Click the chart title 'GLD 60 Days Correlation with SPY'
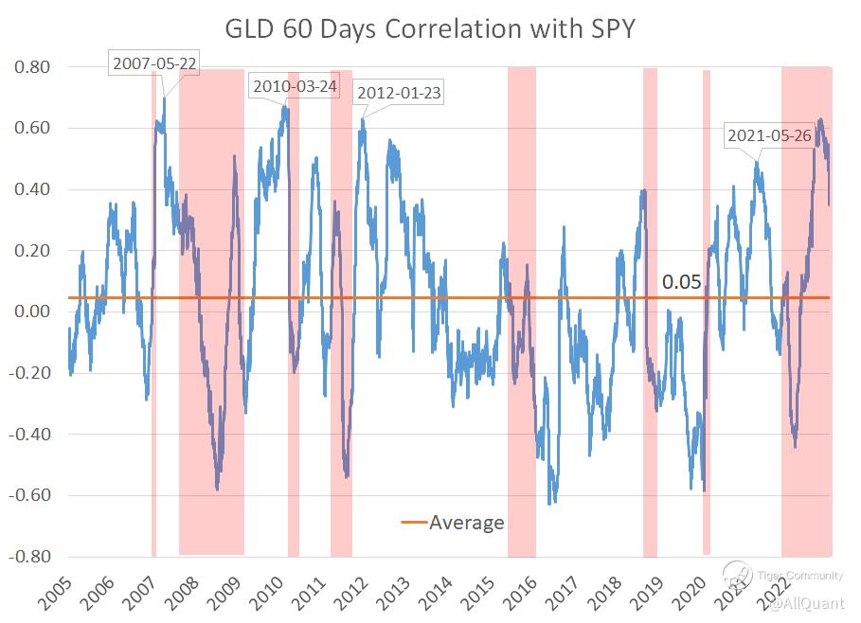click(x=429, y=29)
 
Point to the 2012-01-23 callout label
click(x=398, y=93)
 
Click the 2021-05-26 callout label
click(x=769, y=135)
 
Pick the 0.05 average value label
click(x=681, y=282)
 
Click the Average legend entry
click(x=454, y=523)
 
